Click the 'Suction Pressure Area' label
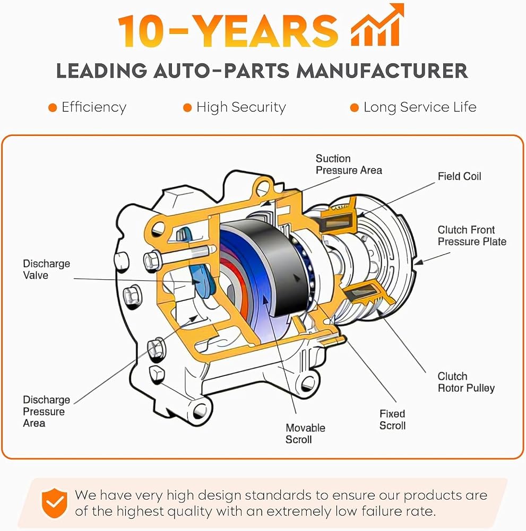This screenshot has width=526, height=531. pyautogui.click(x=349, y=164)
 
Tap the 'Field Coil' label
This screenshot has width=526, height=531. pyautogui.click(x=459, y=176)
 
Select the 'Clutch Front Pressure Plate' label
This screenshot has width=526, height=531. pyautogui.click(x=472, y=236)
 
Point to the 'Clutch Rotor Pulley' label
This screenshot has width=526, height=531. pyautogui.click(x=465, y=382)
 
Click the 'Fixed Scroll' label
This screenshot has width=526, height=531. pyautogui.click(x=392, y=419)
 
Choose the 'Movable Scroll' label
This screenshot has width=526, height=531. pyautogui.click(x=305, y=434)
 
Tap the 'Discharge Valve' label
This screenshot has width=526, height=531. pyautogui.click(x=46, y=269)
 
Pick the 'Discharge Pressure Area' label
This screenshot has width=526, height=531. pyautogui.click(x=46, y=411)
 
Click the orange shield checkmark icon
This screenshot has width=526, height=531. pyautogui.click(x=54, y=503)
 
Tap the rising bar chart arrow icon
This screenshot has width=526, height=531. pyautogui.click(x=378, y=25)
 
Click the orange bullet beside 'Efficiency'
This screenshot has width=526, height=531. pyautogui.click(x=53, y=108)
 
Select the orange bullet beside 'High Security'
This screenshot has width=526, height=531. pyautogui.click(x=187, y=108)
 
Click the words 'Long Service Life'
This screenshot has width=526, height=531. pyautogui.click(x=420, y=107)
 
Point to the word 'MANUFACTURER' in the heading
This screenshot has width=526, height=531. pyautogui.click(x=382, y=71)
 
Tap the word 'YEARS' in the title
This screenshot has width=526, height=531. pyautogui.click(x=268, y=31)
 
